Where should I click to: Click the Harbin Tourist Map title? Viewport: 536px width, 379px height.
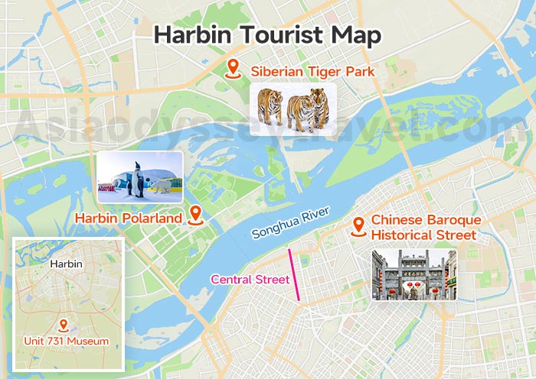(x=267, y=35)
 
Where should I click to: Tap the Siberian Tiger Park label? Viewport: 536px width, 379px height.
(x=311, y=72)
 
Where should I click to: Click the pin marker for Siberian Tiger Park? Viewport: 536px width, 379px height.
(x=234, y=68)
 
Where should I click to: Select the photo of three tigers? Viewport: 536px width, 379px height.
(x=293, y=108)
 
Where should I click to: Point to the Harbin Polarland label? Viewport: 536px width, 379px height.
(x=128, y=219)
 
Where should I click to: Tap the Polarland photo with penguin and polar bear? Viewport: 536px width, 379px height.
(x=139, y=177)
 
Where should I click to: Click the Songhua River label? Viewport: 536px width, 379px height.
(x=291, y=222)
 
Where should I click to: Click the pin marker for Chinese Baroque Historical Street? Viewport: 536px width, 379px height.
(x=358, y=226)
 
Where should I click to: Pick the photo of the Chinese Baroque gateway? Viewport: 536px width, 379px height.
(x=413, y=274)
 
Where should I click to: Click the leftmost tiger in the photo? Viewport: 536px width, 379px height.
(x=270, y=107)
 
